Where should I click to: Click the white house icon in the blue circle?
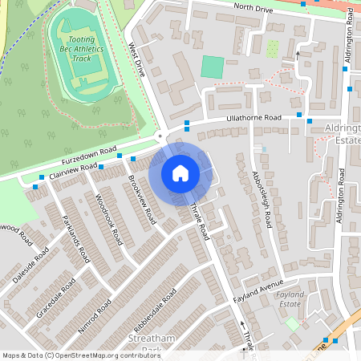pyautogui.click(x=180, y=172)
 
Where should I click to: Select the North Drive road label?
pyautogui.click(x=255, y=8)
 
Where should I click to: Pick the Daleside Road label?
pyautogui.click(x=30, y=266)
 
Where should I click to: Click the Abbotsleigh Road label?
pyautogui.click(x=262, y=201)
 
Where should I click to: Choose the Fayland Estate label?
pyautogui.click(x=290, y=300)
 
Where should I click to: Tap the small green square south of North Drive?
pyautogui.click(x=212, y=67)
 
